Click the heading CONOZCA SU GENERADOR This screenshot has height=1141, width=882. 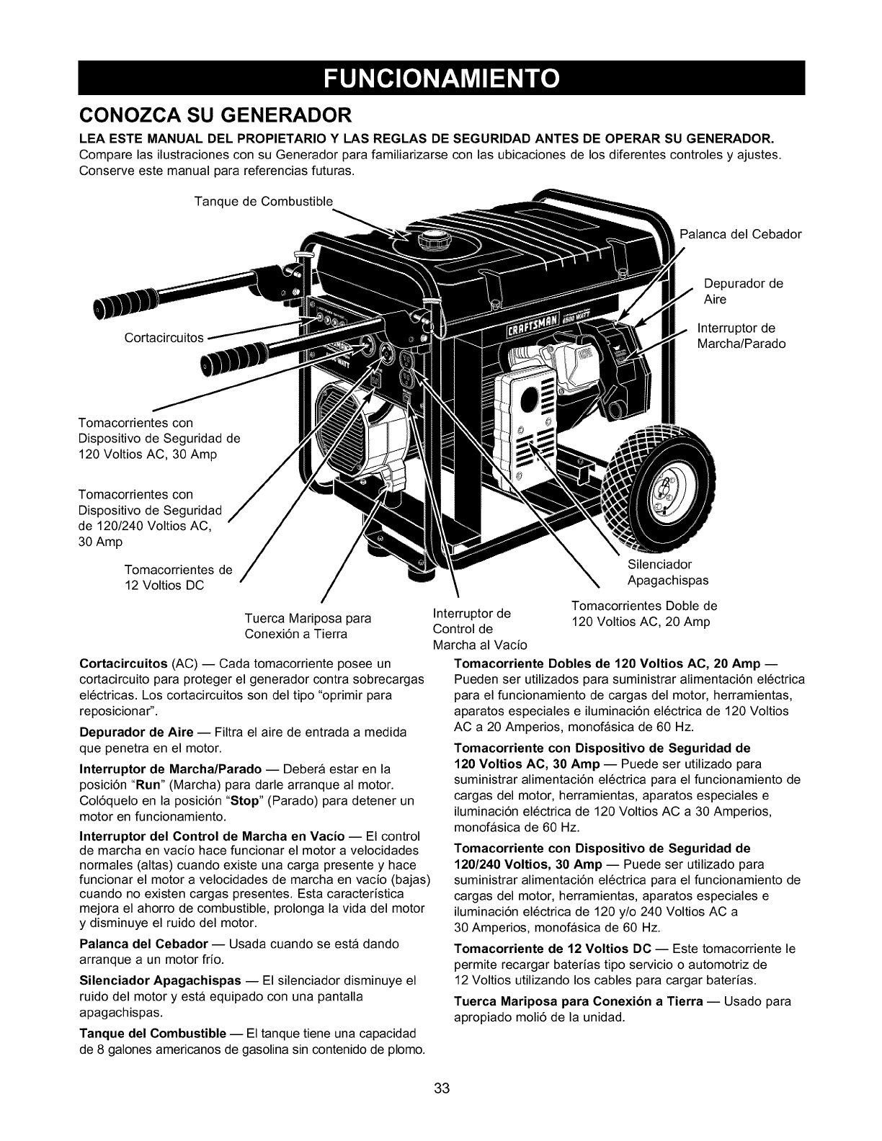coord(215,115)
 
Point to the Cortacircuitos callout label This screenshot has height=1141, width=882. coord(164,337)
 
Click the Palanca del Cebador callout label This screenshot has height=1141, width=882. coord(741,234)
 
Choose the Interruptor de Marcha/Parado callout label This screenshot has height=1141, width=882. coord(741,336)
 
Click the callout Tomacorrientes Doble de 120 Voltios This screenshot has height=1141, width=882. coord(643,613)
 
